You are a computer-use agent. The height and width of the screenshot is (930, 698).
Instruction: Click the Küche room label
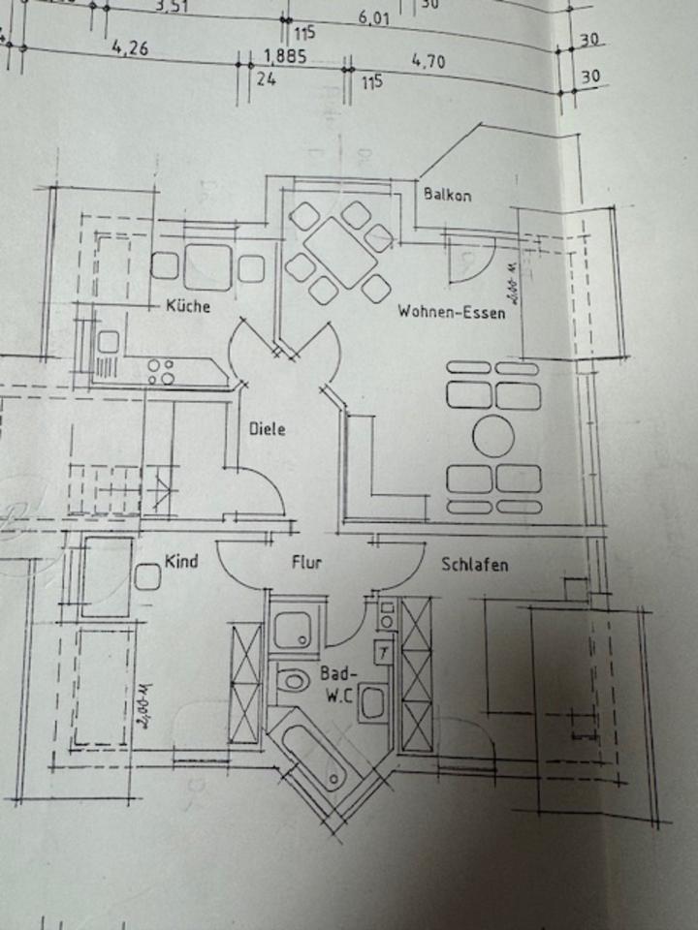click(188, 306)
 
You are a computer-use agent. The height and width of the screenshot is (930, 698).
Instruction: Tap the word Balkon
click(448, 195)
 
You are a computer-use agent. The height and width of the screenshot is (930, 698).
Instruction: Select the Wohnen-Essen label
click(451, 313)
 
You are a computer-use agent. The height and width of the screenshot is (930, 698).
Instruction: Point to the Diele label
click(267, 429)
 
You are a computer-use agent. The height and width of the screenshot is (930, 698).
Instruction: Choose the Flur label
click(306, 562)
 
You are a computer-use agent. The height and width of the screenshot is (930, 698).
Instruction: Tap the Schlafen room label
click(474, 565)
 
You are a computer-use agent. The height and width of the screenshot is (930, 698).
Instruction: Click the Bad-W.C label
click(338, 682)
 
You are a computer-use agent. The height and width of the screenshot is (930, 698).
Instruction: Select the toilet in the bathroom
click(290, 684)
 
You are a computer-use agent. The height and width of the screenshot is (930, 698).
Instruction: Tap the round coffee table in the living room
click(493, 437)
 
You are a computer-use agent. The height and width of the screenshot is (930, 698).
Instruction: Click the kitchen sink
click(108, 342)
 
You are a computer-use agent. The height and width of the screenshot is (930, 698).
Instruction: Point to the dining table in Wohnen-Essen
click(337, 252)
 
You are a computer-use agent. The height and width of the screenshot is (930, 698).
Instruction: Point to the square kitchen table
click(207, 266)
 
